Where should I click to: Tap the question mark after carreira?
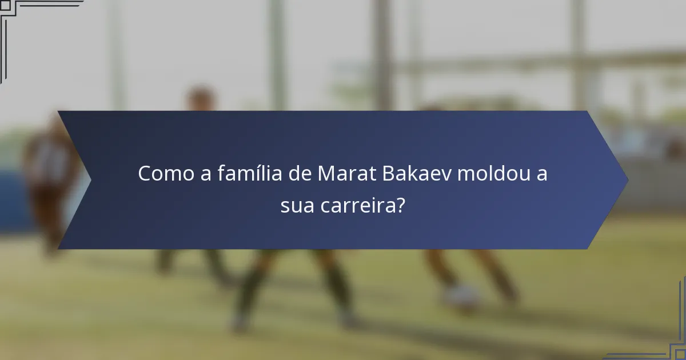coord(401,205)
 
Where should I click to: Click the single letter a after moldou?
coord(541,174)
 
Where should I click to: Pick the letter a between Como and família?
coord(205,174)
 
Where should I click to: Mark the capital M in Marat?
coord(326,174)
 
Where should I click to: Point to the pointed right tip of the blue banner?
coord(627,180)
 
